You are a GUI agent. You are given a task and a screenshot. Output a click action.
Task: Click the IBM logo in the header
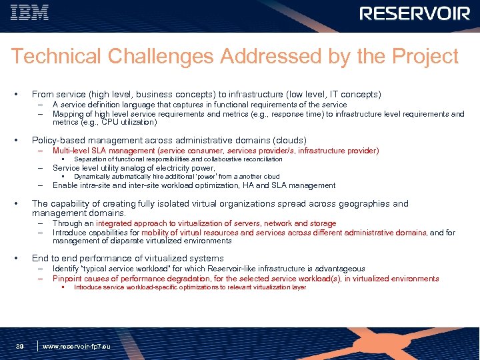[x=29, y=13]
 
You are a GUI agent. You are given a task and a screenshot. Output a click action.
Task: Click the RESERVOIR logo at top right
[x=415, y=14]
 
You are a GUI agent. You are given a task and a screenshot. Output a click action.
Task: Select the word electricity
[x=169, y=168]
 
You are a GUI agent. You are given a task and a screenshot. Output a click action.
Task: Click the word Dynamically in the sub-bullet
[x=91, y=177]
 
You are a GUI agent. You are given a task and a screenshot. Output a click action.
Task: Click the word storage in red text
[x=322, y=223]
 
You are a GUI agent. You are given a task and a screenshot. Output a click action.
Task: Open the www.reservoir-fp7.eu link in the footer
[x=77, y=347]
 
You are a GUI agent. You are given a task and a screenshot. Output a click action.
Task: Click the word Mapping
[x=68, y=113]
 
